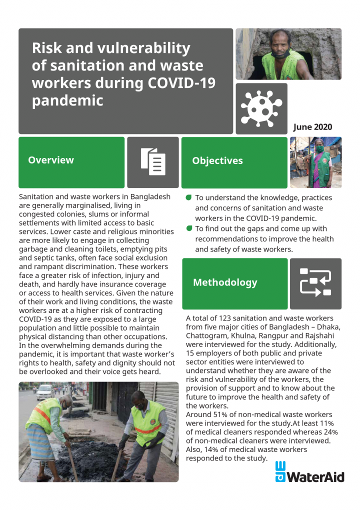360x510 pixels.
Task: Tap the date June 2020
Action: click(312, 127)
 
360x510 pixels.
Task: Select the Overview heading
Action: click(51, 160)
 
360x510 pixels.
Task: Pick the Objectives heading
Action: click(217, 161)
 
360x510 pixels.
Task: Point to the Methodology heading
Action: click(225, 282)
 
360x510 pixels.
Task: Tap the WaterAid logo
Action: click(310, 473)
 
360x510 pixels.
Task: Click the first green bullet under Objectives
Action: click(188, 198)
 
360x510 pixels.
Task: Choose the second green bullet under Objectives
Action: click(188, 228)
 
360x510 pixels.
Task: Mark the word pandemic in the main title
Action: click(67, 100)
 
